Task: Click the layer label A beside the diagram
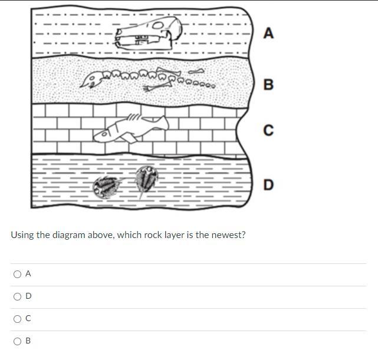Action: pos(268,33)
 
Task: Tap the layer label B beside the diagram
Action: pos(268,85)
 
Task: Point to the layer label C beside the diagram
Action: pos(268,130)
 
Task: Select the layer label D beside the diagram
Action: pos(268,185)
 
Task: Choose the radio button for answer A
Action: pos(17,274)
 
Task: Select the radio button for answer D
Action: pos(17,296)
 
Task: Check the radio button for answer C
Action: pos(17,319)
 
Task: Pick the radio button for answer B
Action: pos(17,341)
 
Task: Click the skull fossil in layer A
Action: pos(148,33)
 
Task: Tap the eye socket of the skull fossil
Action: pos(158,25)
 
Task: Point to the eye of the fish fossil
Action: pos(104,134)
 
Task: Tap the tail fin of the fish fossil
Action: pos(162,122)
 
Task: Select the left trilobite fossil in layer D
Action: pos(106,187)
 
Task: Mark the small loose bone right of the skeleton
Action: pos(196,71)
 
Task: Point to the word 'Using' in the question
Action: pos(22,235)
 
